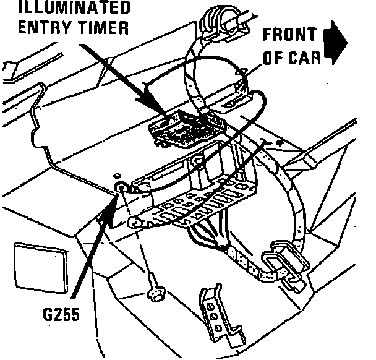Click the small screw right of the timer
[x=278, y=143]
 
